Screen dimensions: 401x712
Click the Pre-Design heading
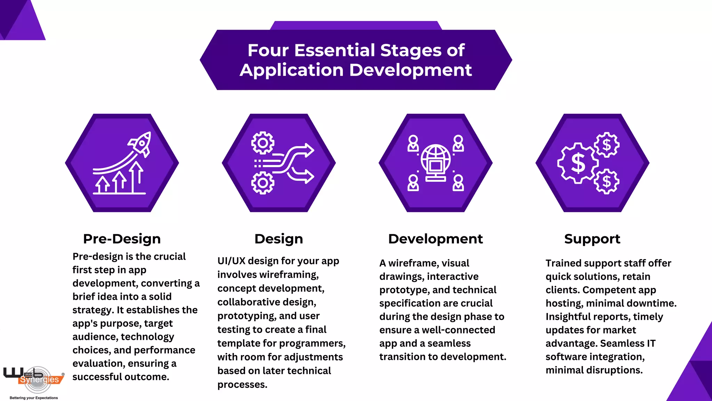pos(122,239)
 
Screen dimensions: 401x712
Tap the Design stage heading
pos(278,239)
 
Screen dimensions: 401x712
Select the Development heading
pos(435,239)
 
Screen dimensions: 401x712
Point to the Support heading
pos(592,239)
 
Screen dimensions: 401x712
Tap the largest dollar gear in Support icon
pos(578,163)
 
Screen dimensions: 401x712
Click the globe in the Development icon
pos(436,159)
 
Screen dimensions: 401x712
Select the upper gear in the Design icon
pos(263,143)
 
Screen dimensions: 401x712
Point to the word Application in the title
pos(291,70)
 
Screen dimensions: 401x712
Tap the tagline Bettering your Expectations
pos(34,398)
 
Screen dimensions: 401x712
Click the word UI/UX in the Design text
pos(231,261)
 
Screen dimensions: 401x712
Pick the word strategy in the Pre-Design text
pos(92,310)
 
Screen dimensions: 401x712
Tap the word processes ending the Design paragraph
pos(242,385)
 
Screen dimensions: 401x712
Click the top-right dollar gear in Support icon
pos(607,145)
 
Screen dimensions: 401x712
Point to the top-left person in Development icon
pos(413,143)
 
